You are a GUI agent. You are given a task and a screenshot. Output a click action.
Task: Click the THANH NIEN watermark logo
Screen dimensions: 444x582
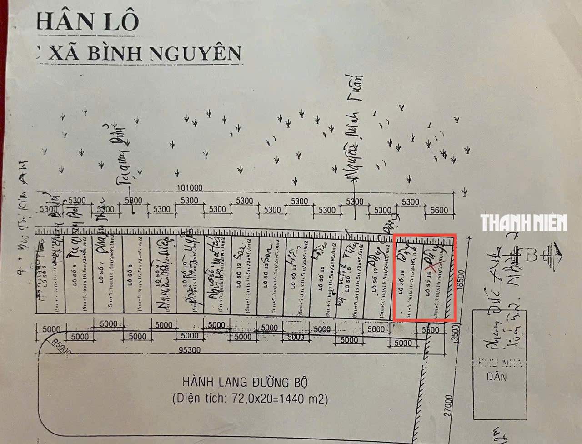[x=524, y=223]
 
